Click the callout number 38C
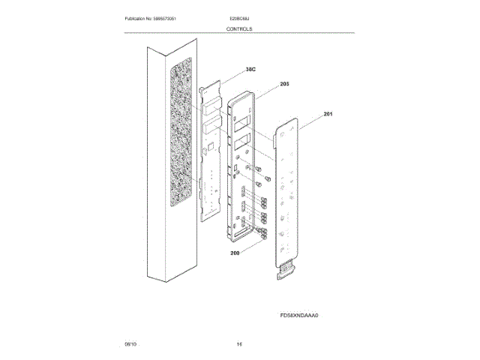pos(250,69)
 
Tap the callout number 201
pos(328,114)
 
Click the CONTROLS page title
pos(239,28)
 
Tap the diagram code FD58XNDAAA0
pos(299,316)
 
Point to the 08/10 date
pos(131,343)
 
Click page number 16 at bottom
pos(239,343)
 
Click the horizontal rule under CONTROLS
pos(239,33)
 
